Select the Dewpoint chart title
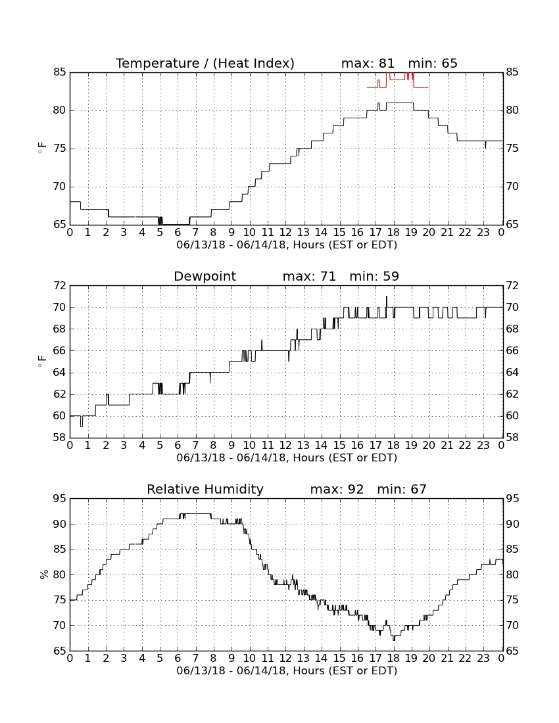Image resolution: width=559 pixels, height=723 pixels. (205, 276)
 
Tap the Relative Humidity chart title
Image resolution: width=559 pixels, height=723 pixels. (205, 489)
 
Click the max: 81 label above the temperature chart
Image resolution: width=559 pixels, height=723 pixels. (368, 63)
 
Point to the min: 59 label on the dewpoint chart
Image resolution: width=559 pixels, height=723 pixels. (374, 276)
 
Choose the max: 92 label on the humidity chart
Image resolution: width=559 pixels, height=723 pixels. (337, 489)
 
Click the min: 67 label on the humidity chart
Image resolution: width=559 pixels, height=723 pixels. (402, 489)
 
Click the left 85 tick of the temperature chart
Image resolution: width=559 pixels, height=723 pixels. (59, 72)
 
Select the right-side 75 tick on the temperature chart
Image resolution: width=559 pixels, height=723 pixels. (512, 149)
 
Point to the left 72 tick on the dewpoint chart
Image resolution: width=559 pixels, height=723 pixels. (59, 286)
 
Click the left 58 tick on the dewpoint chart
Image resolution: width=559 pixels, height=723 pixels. (59, 437)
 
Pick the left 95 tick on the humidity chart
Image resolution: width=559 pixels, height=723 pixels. (59, 499)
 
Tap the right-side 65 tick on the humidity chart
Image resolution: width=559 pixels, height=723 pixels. (512, 651)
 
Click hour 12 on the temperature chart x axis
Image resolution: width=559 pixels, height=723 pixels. (285, 233)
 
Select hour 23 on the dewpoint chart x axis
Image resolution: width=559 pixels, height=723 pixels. (483, 446)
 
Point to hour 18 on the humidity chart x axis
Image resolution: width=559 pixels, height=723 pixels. (393, 659)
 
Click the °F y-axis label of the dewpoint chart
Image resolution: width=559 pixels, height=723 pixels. (42, 361)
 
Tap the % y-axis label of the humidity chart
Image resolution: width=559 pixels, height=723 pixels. (44, 574)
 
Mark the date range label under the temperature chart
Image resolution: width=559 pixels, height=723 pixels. (287, 245)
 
